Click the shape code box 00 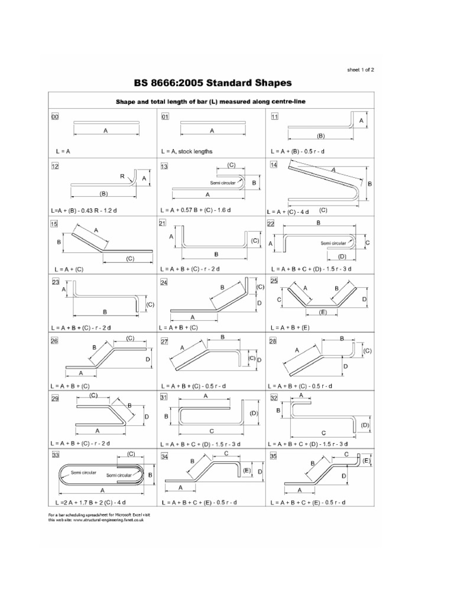[x=54, y=117]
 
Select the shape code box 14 [x=274, y=165]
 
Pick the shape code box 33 [x=55, y=456]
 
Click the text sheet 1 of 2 [x=361, y=69]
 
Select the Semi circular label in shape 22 [x=334, y=243]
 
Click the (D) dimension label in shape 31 [x=254, y=413]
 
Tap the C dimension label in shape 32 [x=323, y=432]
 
